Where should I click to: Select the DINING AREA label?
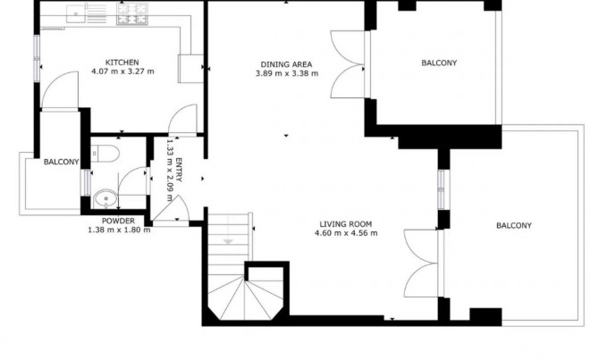(285, 64)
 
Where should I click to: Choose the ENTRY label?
(180, 170)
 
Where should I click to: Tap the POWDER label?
(118, 221)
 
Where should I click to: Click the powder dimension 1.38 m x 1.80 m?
(118, 230)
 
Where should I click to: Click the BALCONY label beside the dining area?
(438, 63)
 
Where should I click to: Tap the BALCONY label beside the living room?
(513, 226)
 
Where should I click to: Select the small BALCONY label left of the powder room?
(62, 162)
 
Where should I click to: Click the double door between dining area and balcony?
(347, 65)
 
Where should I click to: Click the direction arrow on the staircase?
(228, 241)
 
